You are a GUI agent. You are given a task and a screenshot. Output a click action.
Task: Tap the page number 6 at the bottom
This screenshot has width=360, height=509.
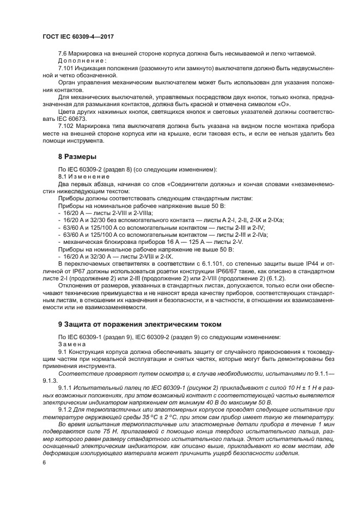(44, 462)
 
